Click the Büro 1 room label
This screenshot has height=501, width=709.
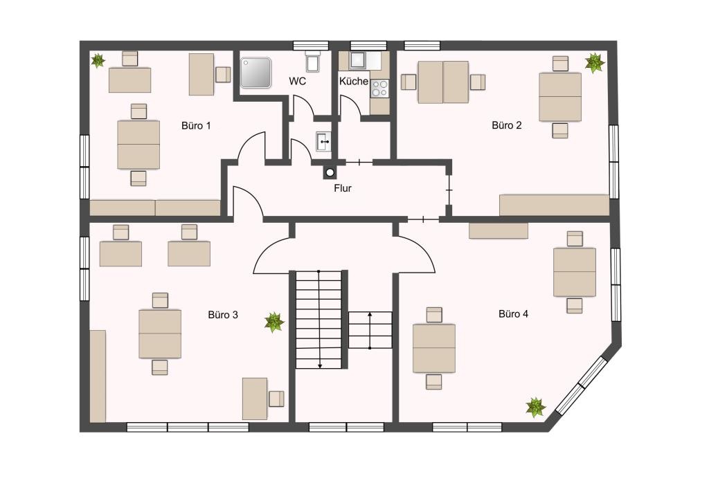[x=196, y=125]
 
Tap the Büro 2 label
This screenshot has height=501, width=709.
[x=506, y=125]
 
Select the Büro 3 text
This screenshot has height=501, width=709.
[x=223, y=314]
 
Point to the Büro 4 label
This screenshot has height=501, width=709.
[x=513, y=313]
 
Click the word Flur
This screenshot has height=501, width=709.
[x=342, y=188]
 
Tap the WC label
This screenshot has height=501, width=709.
[x=298, y=82]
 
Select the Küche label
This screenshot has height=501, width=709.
[x=354, y=82]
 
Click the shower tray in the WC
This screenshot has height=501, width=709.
[x=255, y=72]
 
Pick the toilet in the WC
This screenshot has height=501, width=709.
[x=313, y=62]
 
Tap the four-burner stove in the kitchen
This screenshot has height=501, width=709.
[x=379, y=89]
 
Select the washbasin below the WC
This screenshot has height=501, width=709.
[x=323, y=141]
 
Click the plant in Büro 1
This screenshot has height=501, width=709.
[x=98, y=60]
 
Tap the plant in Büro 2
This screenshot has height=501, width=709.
[x=595, y=63]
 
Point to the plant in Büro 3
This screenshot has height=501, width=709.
[x=274, y=322]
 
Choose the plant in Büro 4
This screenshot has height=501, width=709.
[x=536, y=407]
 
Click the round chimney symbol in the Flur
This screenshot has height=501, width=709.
[x=330, y=172]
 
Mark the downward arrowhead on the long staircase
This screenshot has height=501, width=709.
[x=320, y=365]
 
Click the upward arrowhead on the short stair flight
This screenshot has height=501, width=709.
[x=370, y=314]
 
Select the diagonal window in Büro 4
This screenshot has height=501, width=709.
[x=581, y=385]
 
